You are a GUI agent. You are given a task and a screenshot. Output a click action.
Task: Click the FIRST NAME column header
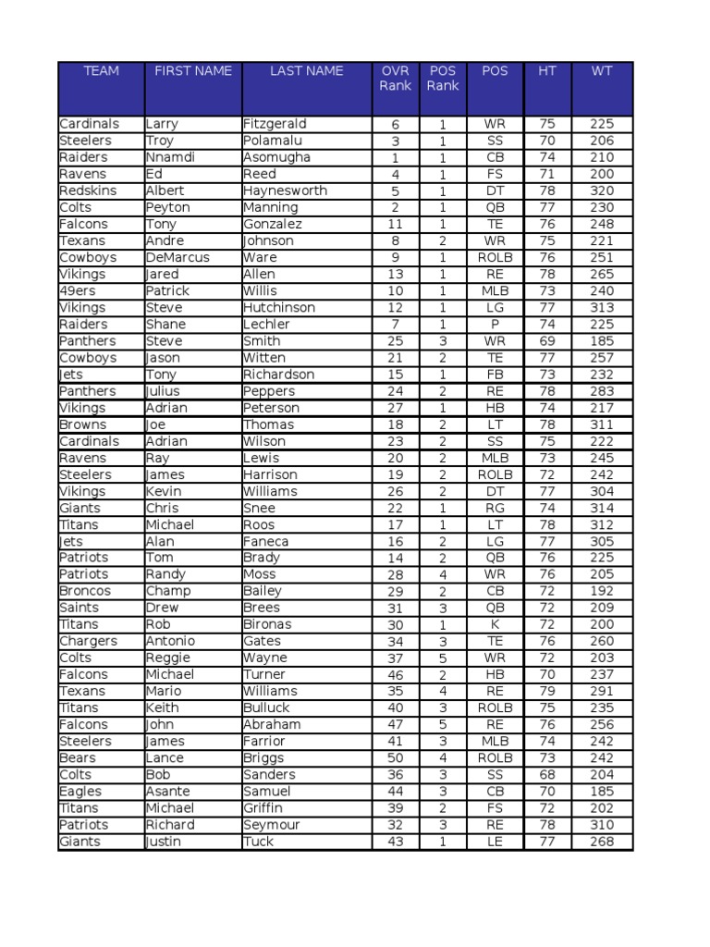[193, 71]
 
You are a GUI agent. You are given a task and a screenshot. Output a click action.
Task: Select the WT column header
[602, 71]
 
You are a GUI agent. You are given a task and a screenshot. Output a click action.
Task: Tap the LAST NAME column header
[306, 71]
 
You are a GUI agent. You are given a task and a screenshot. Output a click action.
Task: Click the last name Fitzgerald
[275, 124]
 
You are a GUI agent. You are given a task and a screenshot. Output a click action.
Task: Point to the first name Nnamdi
[170, 157]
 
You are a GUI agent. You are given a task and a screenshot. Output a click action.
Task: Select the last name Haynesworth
[285, 191]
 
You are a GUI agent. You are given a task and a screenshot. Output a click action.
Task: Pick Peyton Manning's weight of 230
[602, 207]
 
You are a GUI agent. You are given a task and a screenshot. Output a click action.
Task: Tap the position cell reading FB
[495, 375]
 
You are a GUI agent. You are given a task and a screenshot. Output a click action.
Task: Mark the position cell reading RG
[495, 508]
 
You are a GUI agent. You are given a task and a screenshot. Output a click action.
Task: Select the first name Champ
[168, 591]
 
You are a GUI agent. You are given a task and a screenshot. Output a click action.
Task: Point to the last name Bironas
[267, 624]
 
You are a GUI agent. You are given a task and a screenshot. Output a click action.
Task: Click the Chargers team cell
[88, 641]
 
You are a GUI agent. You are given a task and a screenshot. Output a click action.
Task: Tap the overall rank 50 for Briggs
[396, 758]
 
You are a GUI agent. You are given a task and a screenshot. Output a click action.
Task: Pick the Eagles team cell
[80, 792]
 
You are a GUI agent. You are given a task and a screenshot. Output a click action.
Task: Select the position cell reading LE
[495, 842]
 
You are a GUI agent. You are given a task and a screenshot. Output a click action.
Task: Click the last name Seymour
[272, 825]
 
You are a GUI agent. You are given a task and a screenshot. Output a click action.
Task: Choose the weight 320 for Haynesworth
[602, 191]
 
